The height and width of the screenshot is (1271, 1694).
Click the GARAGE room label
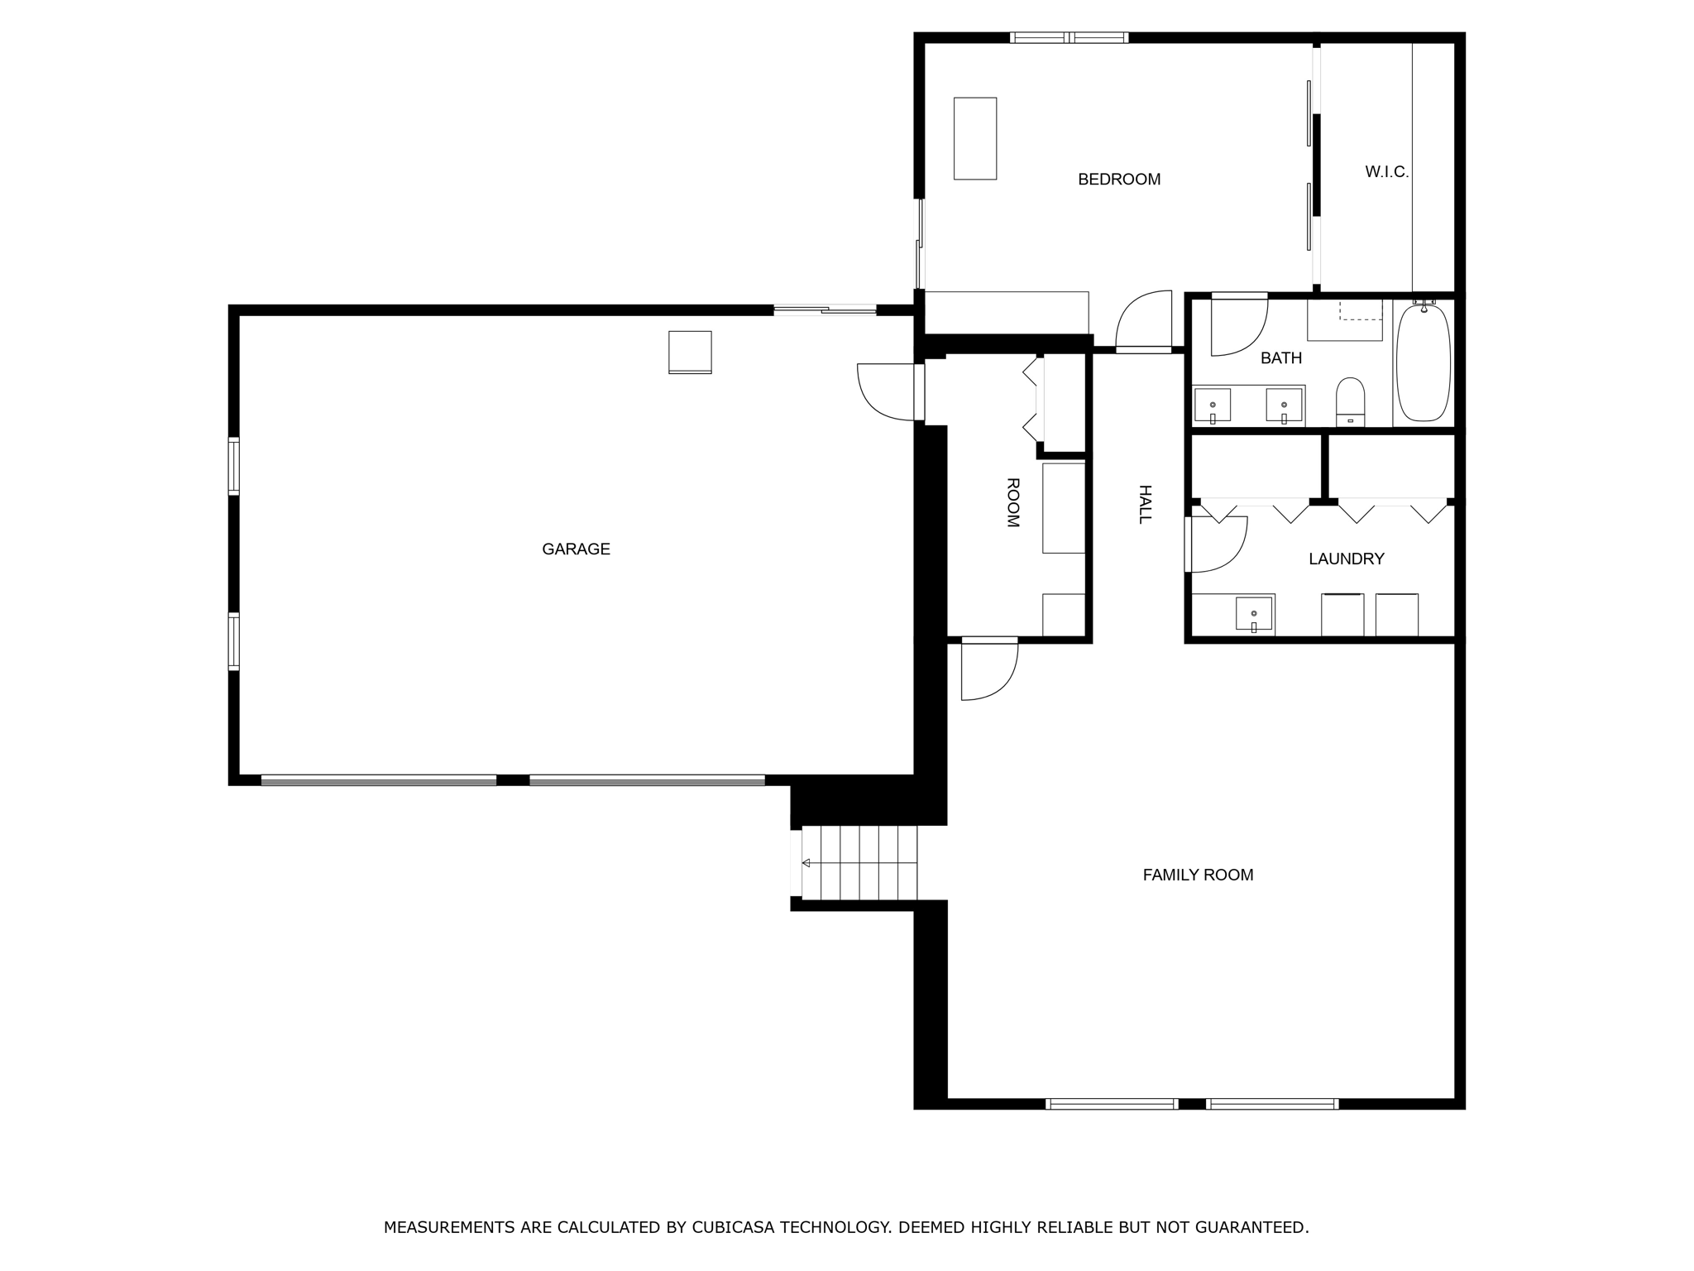[x=576, y=549]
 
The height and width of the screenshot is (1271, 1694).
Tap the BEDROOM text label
[x=1118, y=180]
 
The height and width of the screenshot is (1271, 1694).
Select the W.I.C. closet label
[x=1386, y=172]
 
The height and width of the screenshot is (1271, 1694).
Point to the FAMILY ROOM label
[x=1198, y=875]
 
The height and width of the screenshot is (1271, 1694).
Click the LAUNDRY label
[x=1346, y=559]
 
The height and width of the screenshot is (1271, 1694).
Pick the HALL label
[x=1145, y=504]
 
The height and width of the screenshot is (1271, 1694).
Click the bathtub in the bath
[x=1423, y=363]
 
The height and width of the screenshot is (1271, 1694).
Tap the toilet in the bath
[x=1350, y=400]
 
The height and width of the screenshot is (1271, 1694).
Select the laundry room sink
[x=1253, y=614]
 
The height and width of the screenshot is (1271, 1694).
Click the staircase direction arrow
[x=806, y=863]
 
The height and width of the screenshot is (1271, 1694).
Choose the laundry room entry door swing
[x=1218, y=544]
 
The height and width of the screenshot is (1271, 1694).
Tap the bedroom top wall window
[x=1069, y=37]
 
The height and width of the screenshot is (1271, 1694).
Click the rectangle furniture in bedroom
[x=974, y=138]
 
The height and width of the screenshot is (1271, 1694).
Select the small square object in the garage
[x=690, y=353]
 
